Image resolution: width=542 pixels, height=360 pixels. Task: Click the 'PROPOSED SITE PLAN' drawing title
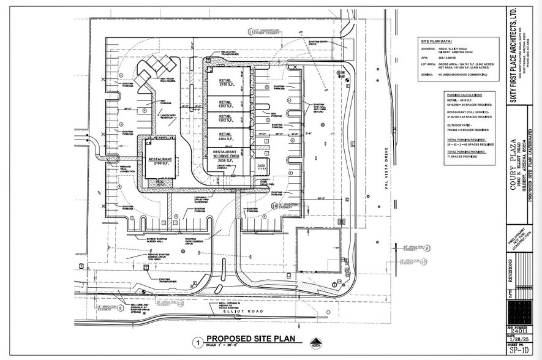250,339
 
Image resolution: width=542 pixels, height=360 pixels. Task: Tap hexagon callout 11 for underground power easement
250,31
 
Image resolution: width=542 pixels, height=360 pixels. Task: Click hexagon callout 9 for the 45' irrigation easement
427,248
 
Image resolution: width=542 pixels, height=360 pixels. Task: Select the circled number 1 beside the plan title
197,342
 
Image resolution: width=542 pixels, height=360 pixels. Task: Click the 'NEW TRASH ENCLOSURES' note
168,79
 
